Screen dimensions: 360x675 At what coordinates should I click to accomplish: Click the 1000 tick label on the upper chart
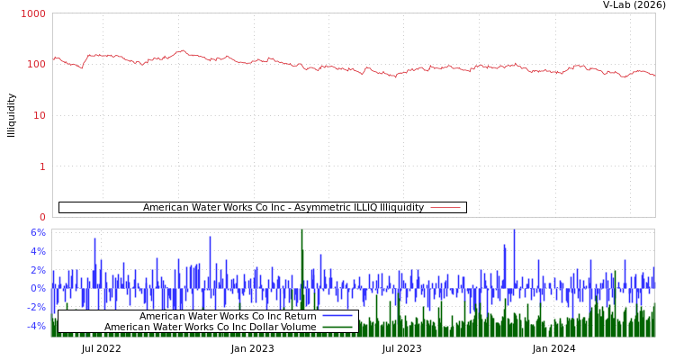pos(33,13)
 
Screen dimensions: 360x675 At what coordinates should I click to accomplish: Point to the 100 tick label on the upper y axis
pos(36,64)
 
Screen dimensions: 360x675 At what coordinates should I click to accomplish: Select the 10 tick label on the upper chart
pos(39,115)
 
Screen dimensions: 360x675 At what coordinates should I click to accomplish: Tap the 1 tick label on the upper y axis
pos(42,166)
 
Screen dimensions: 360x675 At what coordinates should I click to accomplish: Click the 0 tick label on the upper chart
pos(42,217)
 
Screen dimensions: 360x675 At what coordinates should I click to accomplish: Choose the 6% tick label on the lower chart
pos(38,232)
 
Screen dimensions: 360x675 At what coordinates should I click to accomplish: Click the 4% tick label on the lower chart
pos(38,251)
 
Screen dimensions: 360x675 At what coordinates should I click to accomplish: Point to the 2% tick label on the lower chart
pos(38,270)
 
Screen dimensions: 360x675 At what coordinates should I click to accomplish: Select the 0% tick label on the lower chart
pos(38,288)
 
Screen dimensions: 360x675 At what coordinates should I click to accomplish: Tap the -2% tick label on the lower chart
pos(36,307)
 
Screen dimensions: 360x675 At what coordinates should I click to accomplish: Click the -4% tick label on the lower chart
pos(36,326)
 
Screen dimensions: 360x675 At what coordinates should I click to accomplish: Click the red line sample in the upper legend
pos(445,208)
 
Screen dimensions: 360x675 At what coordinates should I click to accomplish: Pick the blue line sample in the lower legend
pos(337,316)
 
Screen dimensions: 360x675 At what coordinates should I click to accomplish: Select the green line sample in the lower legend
pos(337,327)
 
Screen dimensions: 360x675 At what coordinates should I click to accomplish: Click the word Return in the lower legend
pos(299,316)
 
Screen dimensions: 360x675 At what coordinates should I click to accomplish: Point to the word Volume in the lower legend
pos(298,327)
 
